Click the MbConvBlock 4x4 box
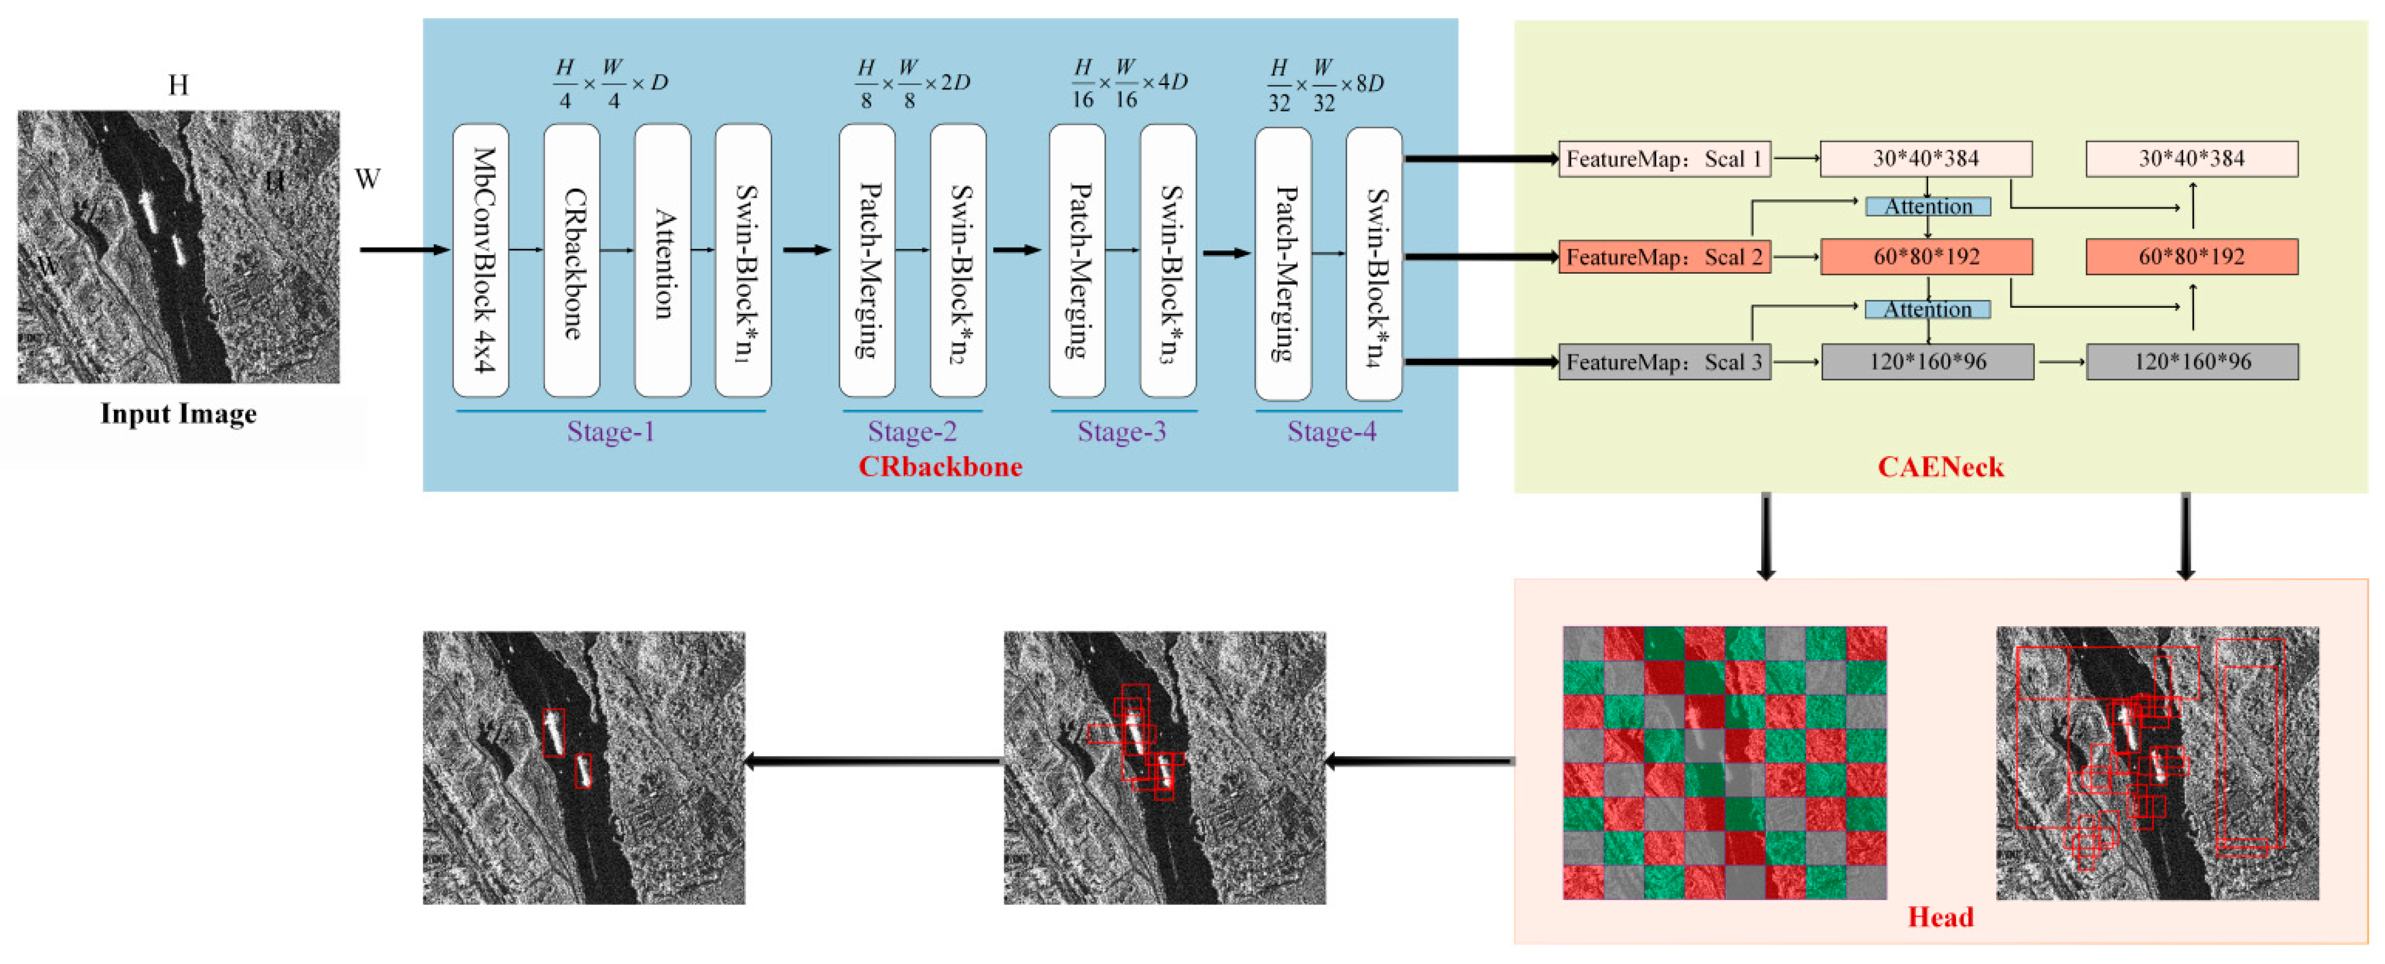tap(480, 260)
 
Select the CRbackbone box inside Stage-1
tap(571, 260)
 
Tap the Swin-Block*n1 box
tap(743, 260)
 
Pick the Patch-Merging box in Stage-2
tap(867, 260)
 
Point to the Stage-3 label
tap(1121, 431)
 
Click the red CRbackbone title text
tap(940, 466)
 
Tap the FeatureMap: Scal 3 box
tap(1664, 361)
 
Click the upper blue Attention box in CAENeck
tap(1928, 206)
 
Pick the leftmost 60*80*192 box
tap(1926, 257)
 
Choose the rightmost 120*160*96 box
tap(2191, 361)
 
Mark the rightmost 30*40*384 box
tap(2191, 158)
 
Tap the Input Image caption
tap(178, 414)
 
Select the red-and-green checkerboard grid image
tap(1724, 762)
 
